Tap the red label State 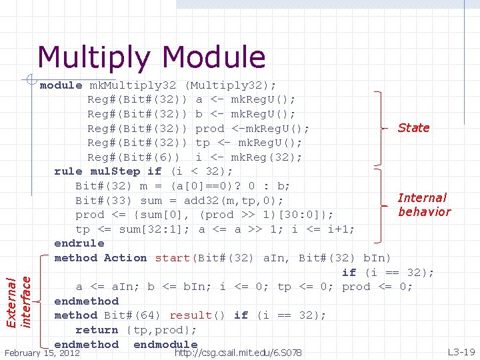click(413, 127)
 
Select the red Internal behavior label click(423, 205)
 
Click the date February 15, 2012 click(42, 352)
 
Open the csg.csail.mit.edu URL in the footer click(237, 352)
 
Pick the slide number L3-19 click(461, 351)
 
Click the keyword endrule click(79, 243)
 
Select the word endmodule click(165, 345)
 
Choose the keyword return click(97, 330)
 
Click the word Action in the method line click(125, 258)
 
